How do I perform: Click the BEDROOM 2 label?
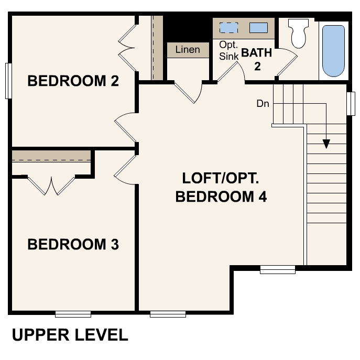(73, 81)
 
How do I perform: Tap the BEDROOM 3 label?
(73, 244)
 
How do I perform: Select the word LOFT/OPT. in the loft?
(221, 178)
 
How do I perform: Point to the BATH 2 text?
(257, 59)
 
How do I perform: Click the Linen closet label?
(188, 50)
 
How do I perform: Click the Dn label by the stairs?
(263, 104)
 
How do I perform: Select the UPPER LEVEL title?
(70, 335)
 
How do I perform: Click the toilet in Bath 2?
(298, 34)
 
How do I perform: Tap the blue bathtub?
(333, 51)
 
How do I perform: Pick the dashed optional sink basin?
(228, 28)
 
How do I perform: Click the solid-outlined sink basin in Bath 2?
(258, 28)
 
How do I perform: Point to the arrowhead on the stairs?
(326, 143)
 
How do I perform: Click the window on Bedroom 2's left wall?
(8, 81)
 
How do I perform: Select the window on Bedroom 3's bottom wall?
(73, 314)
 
